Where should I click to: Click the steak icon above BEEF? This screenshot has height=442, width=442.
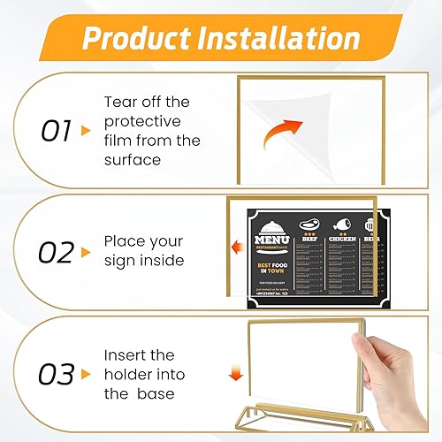coord(309,224)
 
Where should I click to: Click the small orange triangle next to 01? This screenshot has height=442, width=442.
coord(86,131)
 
